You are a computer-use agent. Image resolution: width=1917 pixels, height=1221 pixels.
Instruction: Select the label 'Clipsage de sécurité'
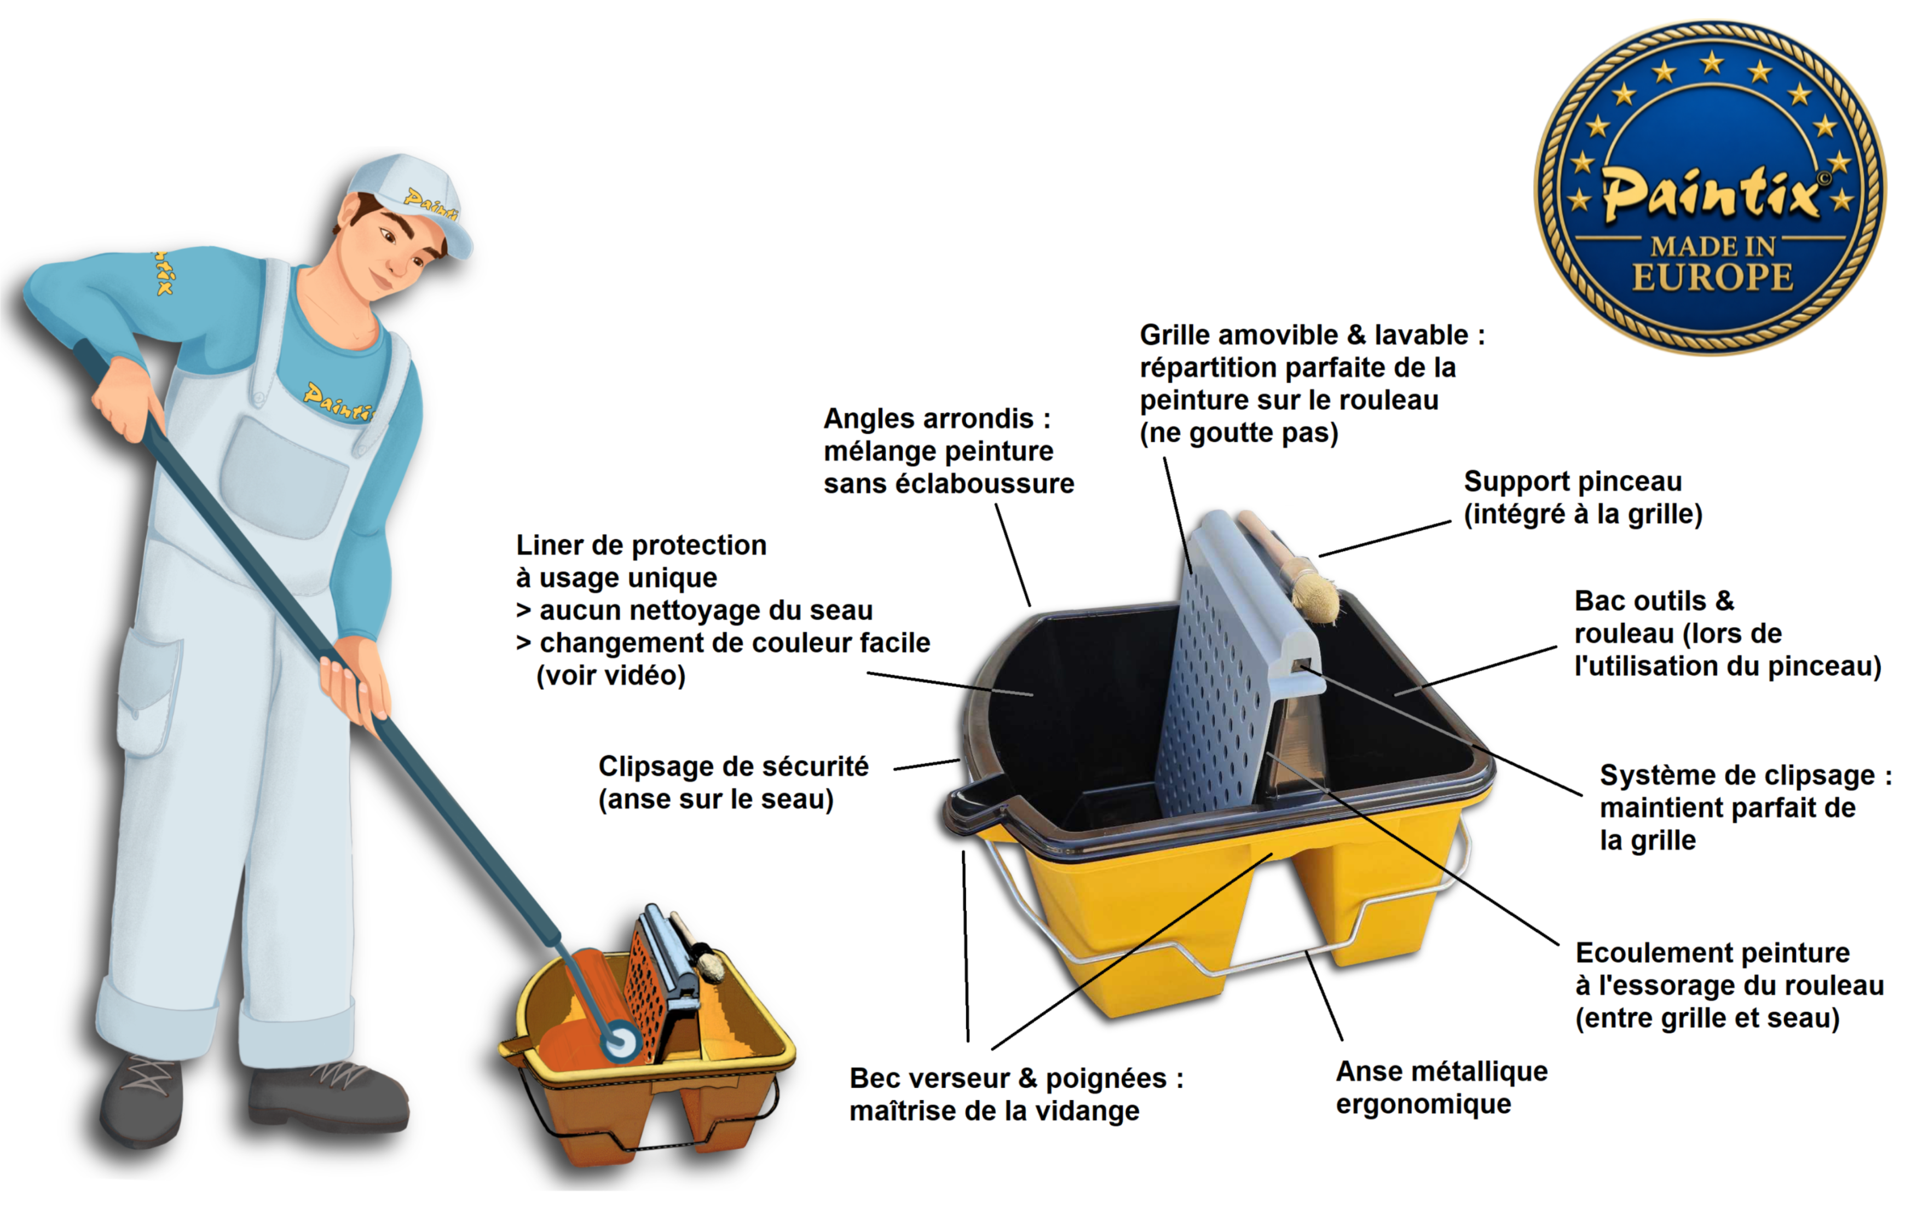point(733,767)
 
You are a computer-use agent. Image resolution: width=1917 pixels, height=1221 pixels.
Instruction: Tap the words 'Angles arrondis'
point(928,419)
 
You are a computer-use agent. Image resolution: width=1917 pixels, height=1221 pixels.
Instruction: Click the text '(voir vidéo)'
point(610,676)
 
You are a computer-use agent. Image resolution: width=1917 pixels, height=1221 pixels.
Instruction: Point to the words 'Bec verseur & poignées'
point(1008,1079)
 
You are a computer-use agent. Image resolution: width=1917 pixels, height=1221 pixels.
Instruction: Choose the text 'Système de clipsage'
point(1737,776)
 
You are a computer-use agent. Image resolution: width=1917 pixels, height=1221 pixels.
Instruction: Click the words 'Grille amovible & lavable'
point(1304,335)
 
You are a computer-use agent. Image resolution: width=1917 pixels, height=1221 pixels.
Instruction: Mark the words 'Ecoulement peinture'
point(1712,953)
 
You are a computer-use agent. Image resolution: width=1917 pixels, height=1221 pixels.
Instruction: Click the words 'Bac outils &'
point(1654,601)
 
